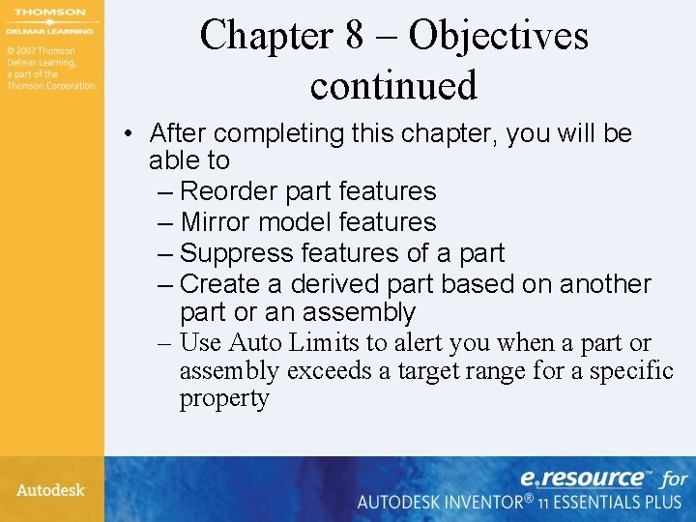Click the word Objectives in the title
(x=498, y=36)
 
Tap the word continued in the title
(x=393, y=85)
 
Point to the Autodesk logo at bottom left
(x=50, y=490)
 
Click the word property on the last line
(x=223, y=398)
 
